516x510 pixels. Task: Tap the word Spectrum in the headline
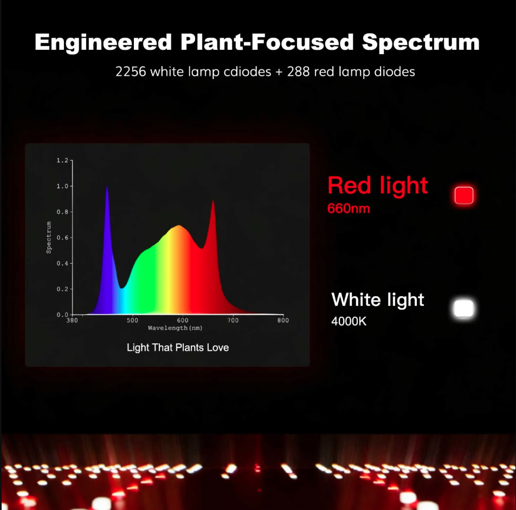tap(421, 42)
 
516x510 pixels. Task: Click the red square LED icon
tap(464, 195)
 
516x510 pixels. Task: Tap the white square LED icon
tap(463, 309)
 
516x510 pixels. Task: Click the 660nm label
tap(349, 208)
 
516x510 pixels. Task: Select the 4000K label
tap(349, 321)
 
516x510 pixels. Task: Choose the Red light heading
tap(378, 186)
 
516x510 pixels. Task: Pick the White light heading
tap(378, 299)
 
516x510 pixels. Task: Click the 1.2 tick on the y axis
tap(63, 161)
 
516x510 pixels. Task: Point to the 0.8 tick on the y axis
tap(63, 212)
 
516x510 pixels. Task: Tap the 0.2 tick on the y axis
tap(63, 289)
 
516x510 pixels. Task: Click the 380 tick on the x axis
tap(72, 321)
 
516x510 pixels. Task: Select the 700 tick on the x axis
tap(233, 321)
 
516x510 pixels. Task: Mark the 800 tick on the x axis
tap(283, 321)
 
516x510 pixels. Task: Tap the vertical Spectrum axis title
tap(49, 237)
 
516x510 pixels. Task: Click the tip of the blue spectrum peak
tap(107, 187)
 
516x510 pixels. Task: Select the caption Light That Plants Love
tap(178, 348)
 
